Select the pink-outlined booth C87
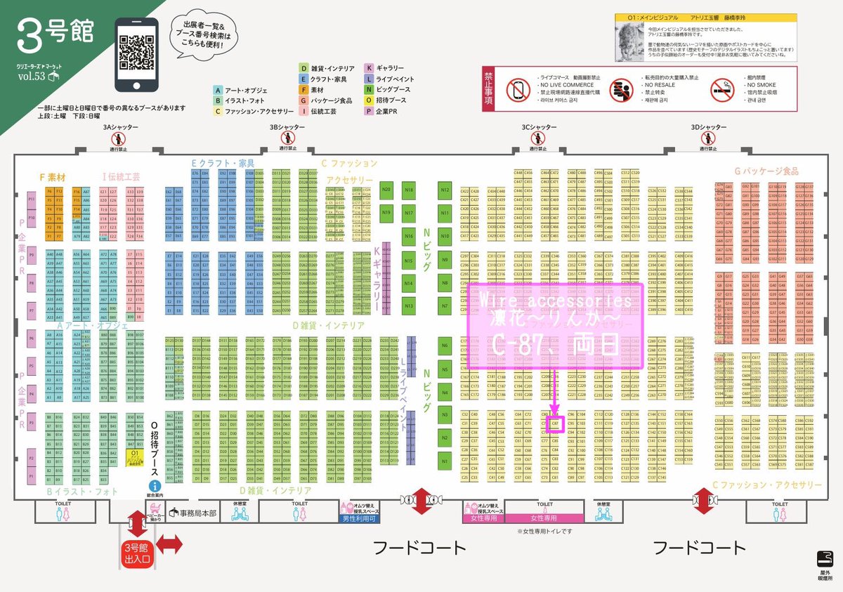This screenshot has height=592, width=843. [x=555, y=423]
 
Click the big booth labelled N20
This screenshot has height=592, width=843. [x=386, y=190]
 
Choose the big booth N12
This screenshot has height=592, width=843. [x=444, y=190]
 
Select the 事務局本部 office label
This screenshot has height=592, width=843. [x=192, y=513]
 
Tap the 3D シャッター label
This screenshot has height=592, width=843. [x=708, y=127]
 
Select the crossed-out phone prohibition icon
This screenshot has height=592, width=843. [x=519, y=89]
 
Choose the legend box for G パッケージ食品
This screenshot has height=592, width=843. [x=303, y=100]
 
